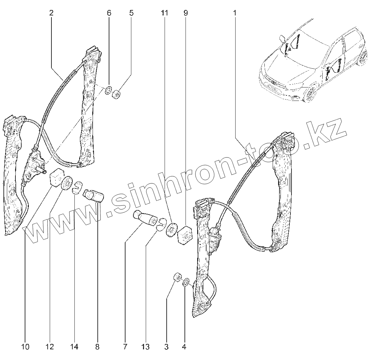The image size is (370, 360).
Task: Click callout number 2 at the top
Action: click(51, 13)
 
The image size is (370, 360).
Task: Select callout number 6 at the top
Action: click(109, 13)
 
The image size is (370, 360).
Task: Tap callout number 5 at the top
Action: click(131, 13)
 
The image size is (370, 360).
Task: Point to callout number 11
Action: click(164, 13)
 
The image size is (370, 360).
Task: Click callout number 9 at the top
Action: click(186, 13)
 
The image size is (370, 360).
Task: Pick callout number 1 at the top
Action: click(235, 13)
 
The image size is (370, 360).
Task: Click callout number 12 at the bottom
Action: click(50, 347)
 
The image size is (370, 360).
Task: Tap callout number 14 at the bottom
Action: click(74, 347)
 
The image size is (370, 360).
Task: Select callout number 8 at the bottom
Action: click(97, 347)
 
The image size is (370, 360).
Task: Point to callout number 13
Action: click(145, 347)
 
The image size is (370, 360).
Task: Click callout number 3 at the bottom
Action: click(166, 347)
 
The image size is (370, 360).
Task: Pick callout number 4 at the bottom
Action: click(184, 347)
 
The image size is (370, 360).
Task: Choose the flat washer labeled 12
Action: click(67, 183)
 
